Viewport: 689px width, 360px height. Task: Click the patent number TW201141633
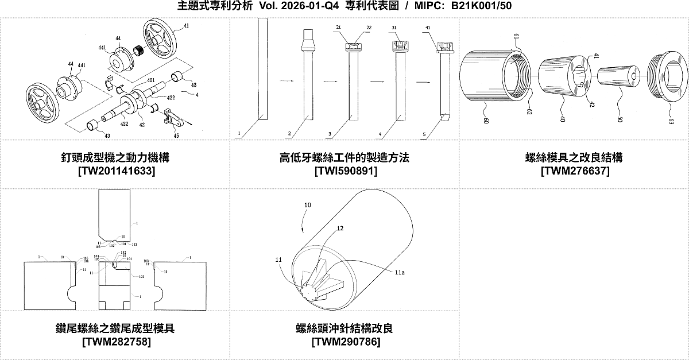(115, 171)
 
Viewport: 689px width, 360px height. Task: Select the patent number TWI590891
(344, 171)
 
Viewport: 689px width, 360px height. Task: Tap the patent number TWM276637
(574, 171)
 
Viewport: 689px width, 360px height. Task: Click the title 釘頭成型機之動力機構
(115, 157)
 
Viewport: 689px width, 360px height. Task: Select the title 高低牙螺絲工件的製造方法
(344, 157)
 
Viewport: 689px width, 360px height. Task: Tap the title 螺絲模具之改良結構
(574, 157)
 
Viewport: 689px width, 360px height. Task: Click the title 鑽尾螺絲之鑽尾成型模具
(115, 328)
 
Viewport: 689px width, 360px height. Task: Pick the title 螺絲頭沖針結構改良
(344, 328)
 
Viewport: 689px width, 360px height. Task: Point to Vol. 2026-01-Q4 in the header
(292, 6)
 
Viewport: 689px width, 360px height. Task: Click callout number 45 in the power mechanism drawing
(176, 136)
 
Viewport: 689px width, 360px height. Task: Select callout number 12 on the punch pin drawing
(340, 229)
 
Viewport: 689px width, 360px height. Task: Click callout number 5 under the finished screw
(424, 136)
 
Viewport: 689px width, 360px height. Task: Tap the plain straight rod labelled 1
(262, 69)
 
